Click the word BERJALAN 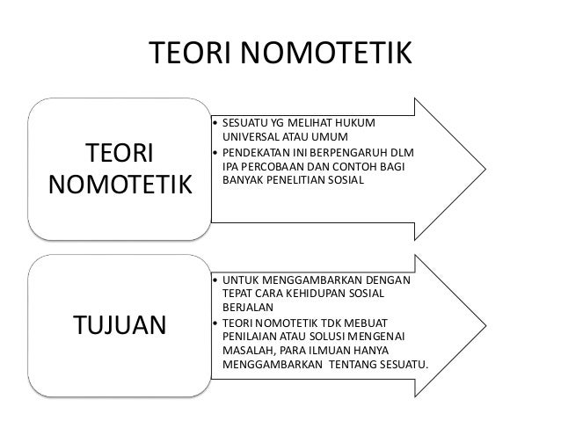248,308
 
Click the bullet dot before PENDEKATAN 215,151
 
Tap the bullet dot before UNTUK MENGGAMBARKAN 215,279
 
